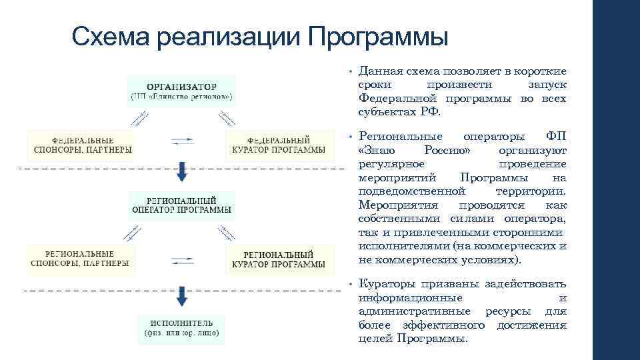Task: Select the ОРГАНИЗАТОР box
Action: (x=181, y=91)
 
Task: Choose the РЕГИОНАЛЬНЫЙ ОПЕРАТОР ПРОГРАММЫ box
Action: (x=181, y=205)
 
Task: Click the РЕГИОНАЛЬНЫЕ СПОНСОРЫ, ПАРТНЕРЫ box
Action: (x=80, y=258)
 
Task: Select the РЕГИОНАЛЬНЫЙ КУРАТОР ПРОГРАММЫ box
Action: (x=279, y=259)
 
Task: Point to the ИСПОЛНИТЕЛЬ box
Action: (x=181, y=327)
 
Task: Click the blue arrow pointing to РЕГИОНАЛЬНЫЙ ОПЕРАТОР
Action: (x=182, y=173)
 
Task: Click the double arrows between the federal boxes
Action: (x=182, y=141)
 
